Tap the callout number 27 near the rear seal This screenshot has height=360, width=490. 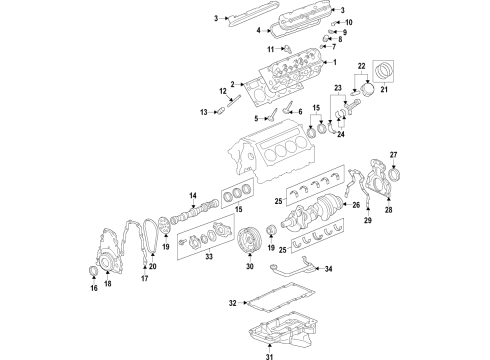[393, 154]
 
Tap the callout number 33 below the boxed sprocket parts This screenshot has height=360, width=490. [208, 257]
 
